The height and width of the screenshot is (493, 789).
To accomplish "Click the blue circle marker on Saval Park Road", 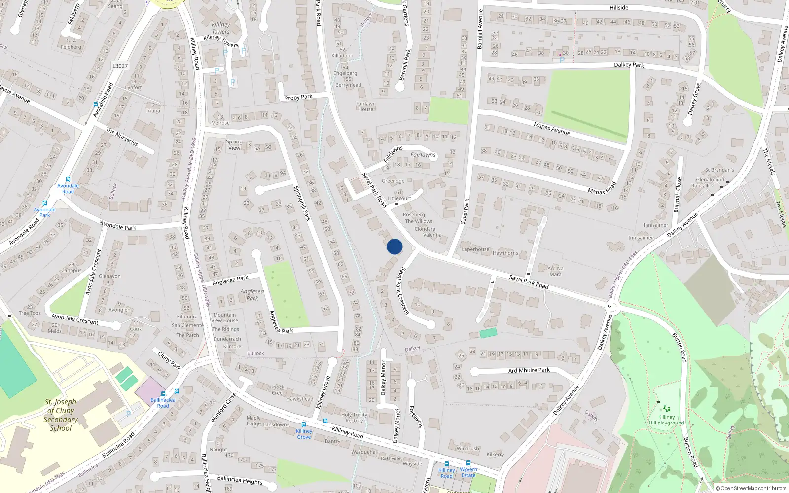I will [394, 246].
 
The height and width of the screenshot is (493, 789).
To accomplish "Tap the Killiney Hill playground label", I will [666, 420].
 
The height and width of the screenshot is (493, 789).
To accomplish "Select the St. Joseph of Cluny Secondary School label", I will [61, 415].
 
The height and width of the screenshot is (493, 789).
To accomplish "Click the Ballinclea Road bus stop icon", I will [176, 391].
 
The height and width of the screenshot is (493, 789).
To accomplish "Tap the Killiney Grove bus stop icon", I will [304, 424].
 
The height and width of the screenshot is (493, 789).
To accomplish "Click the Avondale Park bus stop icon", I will [45, 203].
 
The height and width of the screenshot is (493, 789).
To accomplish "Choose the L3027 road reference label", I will [120, 66].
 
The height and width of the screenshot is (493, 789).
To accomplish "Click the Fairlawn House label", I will [366, 106].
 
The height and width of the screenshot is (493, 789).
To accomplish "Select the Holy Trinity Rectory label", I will [354, 418].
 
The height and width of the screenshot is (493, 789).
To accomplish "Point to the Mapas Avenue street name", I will [552, 129].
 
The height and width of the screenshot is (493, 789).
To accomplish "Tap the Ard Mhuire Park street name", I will [529, 370].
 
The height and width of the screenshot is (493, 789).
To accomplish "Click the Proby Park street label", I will [298, 97].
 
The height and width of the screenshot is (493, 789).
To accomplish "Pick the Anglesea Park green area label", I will [252, 295].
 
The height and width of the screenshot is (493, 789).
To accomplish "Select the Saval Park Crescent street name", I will [403, 291].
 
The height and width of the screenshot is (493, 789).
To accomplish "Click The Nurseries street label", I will [122, 137].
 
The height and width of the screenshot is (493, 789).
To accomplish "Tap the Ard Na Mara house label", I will [555, 271].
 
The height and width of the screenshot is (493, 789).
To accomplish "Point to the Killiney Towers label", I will [220, 28].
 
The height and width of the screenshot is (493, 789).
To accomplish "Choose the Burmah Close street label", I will [678, 195].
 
